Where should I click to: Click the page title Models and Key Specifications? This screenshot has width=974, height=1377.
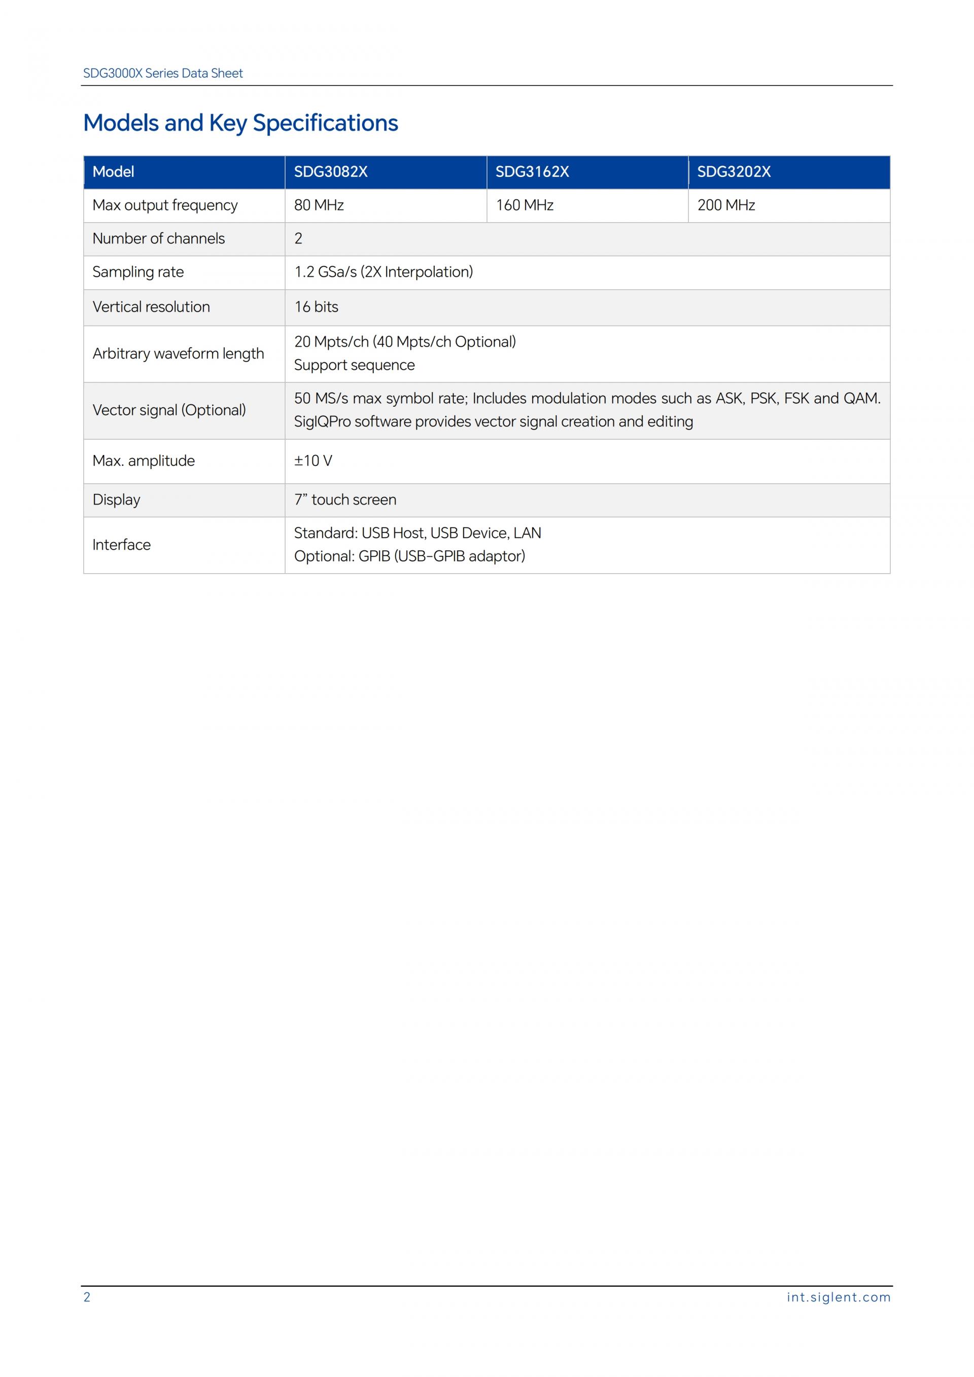coord(240,123)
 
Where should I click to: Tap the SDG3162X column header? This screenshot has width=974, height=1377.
coord(532,172)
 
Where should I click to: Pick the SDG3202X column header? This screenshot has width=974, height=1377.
coord(734,172)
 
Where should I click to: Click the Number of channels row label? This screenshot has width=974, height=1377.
coord(158,239)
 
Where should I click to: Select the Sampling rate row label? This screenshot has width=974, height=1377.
coord(138,272)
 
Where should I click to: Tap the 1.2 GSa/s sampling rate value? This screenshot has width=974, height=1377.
coord(383,272)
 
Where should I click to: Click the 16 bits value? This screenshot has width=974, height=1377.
coord(316,307)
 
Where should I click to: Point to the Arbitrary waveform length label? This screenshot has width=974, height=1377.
coord(178,354)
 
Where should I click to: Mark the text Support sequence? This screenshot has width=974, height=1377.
coord(354,365)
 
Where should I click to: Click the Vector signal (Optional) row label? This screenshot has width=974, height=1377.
coord(169,410)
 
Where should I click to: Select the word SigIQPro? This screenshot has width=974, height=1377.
coord(322,421)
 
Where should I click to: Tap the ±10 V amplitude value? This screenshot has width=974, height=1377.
coord(312,461)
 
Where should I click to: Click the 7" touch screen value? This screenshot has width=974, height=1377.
coord(345,500)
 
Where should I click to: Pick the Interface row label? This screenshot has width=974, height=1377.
coord(121,545)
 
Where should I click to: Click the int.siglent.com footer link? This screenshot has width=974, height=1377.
coord(839,1297)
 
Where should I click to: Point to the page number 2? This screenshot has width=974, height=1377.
coord(87,1297)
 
